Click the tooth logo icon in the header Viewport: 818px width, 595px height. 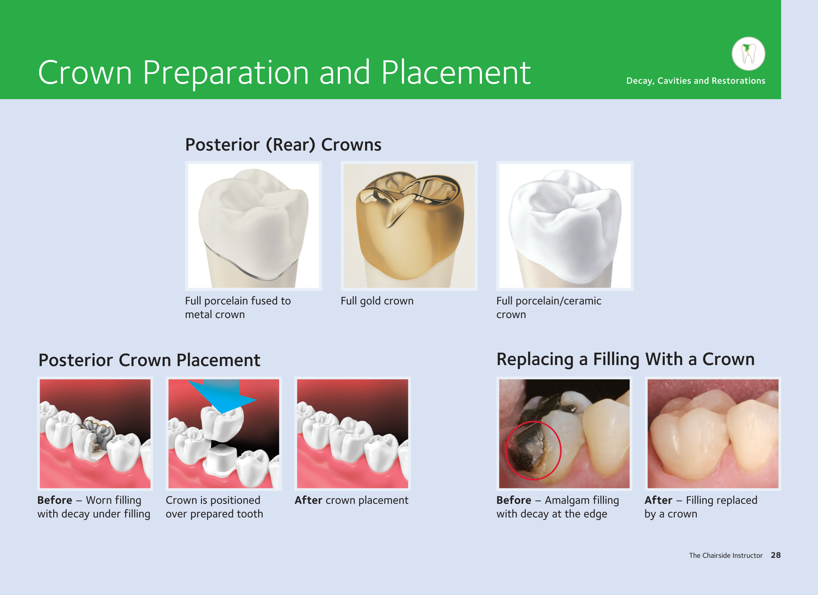(x=749, y=54)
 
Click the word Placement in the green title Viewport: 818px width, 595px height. (x=456, y=73)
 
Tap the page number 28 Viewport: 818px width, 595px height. (x=776, y=555)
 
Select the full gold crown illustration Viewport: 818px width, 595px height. (x=409, y=226)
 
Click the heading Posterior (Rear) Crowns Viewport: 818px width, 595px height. (x=283, y=145)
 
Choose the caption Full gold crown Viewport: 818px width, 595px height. (x=377, y=301)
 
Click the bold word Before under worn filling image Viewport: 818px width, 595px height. (x=55, y=500)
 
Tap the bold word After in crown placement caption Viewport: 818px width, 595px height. (x=308, y=500)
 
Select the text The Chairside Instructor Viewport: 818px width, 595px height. (x=725, y=555)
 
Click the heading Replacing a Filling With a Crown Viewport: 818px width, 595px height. (x=626, y=360)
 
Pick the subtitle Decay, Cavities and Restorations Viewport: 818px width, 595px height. (x=696, y=81)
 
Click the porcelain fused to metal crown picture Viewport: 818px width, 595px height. (x=253, y=226)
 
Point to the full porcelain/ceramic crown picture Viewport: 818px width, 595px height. (x=565, y=226)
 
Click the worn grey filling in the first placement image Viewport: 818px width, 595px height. (x=98, y=434)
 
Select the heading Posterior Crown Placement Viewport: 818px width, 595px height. (x=149, y=360)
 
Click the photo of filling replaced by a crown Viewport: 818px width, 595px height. (x=713, y=433)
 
